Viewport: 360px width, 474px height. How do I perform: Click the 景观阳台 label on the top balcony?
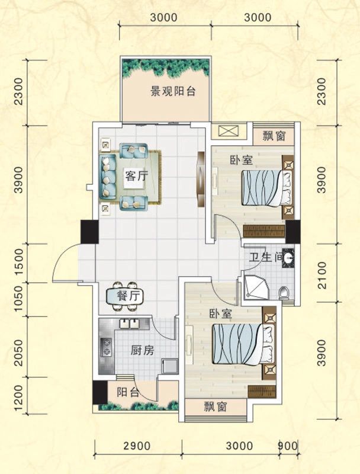(173, 92)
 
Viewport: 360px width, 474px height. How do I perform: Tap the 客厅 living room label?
(135, 175)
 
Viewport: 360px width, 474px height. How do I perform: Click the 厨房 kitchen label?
(142, 350)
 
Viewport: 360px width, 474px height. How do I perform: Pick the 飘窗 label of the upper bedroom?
(274, 136)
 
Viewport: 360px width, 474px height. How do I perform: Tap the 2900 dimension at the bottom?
(138, 446)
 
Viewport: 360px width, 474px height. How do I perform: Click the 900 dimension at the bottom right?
(288, 446)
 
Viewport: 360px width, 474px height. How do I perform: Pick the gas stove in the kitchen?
(107, 347)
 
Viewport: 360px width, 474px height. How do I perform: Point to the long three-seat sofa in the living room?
(108, 177)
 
